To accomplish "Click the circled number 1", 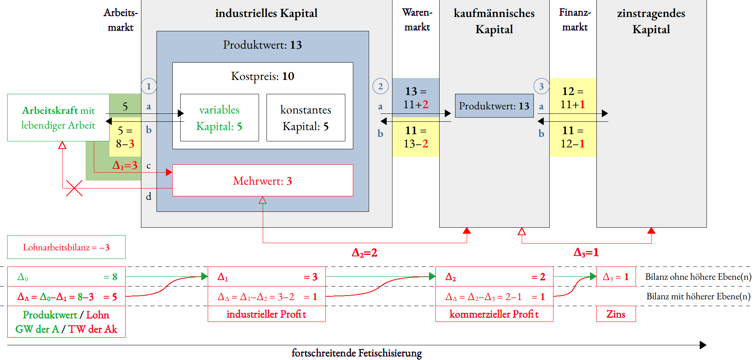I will click(149, 86).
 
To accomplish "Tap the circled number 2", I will click(380, 86).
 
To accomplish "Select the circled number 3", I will click(541, 86).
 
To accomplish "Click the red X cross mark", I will click(74, 188).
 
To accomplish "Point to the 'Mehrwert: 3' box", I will click(262, 181).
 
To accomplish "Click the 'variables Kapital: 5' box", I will click(219, 118).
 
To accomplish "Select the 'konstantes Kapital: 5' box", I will click(306, 118).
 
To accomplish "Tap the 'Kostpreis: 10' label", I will click(262, 76).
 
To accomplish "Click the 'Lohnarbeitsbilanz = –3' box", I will click(66, 247).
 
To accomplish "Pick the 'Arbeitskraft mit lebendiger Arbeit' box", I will click(58, 118).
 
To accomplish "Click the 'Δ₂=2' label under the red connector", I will click(365, 253).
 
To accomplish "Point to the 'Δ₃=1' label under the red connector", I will click(586, 252).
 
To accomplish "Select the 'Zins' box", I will click(616, 314).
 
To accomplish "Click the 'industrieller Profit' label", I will click(266, 314).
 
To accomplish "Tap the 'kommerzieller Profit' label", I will click(494, 314).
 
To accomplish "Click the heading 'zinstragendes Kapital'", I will click(651, 21).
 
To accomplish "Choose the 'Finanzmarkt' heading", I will click(575, 20).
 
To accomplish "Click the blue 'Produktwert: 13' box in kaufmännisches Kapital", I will click(494, 106).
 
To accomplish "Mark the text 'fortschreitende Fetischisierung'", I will click(357, 353).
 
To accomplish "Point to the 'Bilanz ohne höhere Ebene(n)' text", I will click(698, 277).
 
